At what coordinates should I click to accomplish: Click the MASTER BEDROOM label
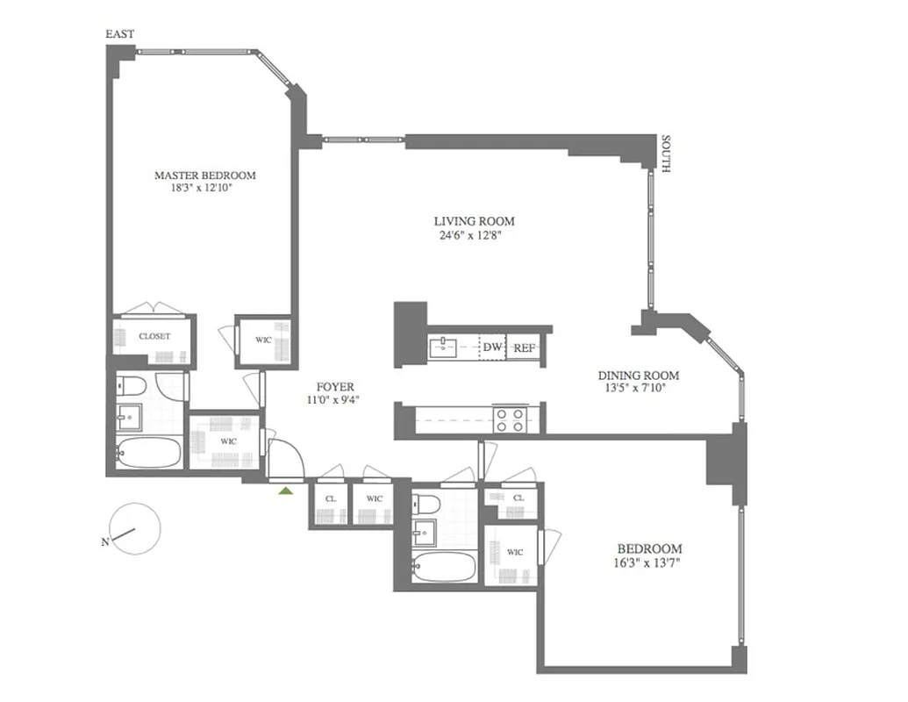[x=205, y=175]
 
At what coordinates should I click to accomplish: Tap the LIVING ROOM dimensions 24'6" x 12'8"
[x=475, y=235]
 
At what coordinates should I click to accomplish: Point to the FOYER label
[x=333, y=386]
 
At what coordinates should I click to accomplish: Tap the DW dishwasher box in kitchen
[x=492, y=347]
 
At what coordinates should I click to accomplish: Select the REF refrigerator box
[x=524, y=347]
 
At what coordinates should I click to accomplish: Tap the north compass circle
[x=136, y=528]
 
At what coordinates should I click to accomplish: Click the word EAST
[x=119, y=34]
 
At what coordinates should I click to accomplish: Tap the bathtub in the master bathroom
[x=148, y=453]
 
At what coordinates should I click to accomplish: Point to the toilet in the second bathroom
[x=425, y=505]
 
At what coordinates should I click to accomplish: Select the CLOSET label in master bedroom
[x=154, y=336]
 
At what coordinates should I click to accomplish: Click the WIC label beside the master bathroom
[x=228, y=441]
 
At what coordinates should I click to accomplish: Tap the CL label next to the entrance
[x=330, y=498]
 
